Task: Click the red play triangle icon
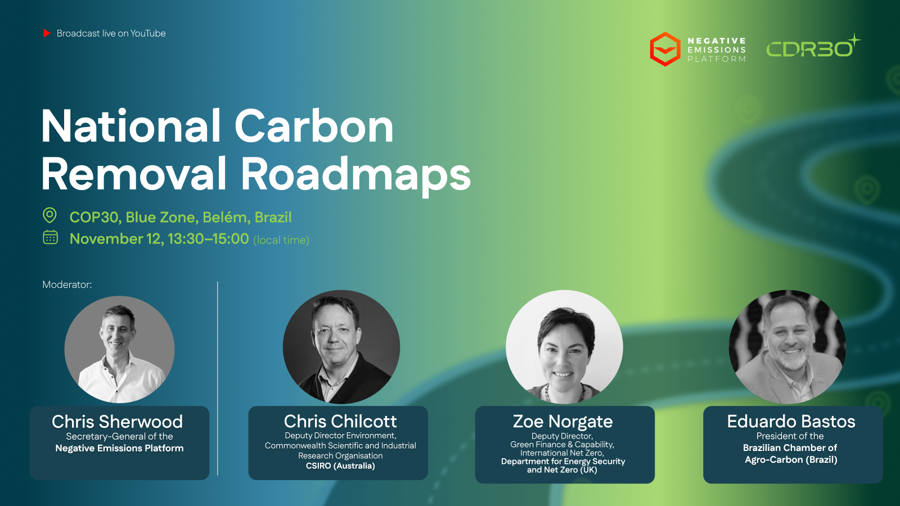pyautogui.click(x=47, y=33)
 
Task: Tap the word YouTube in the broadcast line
pyautogui.click(x=148, y=33)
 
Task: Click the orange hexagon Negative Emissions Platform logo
pyautogui.click(x=665, y=49)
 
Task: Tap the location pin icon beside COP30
pyautogui.click(x=50, y=215)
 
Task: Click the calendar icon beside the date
pyautogui.click(x=50, y=237)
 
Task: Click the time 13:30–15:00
pyautogui.click(x=208, y=239)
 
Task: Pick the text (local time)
pyautogui.click(x=281, y=240)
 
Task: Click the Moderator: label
pyautogui.click(x=67, y=284)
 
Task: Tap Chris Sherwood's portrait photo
pyautogui.click(x=119, y=349)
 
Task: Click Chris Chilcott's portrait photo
pyautogui.click(x=341, y=347)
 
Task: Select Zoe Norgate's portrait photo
pyautogui.click(x=564, y=347)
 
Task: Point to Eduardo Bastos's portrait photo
pyautogui.click(x=787, y=347)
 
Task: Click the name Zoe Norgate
pyautogui.click(x=562, y=421)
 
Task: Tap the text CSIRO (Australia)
pyautogui.click(x=340, y=466)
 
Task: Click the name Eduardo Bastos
pyautogui.click(x=791, y=421)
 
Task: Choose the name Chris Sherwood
pyautogui.click(x=118, y=422)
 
